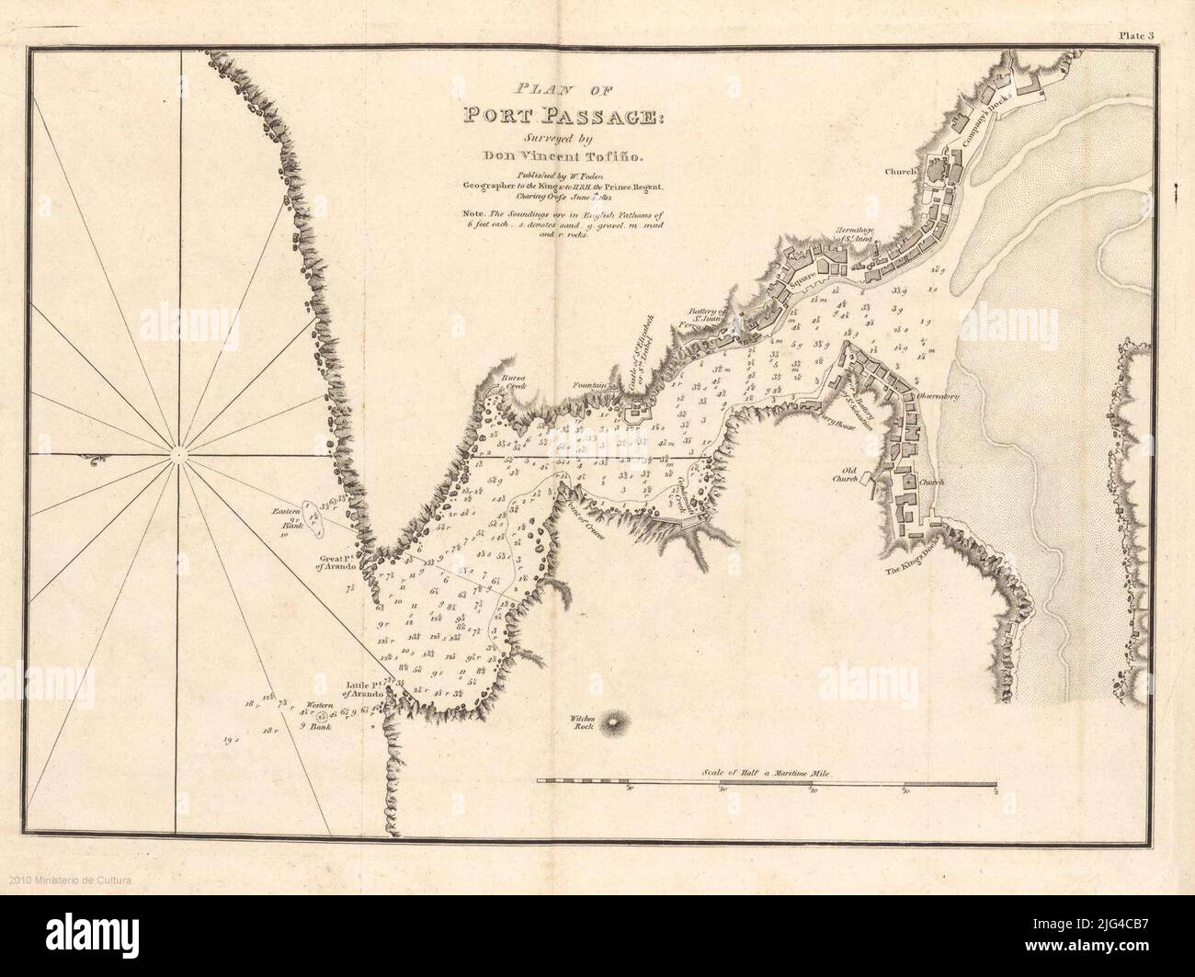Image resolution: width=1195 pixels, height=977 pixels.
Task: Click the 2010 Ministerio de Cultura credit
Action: click(67, 880)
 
